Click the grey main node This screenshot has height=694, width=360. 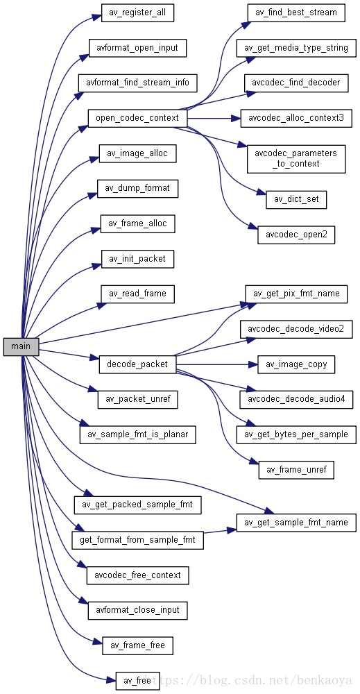coord(22,346)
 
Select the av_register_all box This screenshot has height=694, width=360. coord(137,12)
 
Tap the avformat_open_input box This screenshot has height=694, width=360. coord(137,48)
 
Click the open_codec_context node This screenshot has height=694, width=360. coord(137,118)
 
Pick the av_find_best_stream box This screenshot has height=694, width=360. coord(296,12)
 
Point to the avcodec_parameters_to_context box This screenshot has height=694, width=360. coord(296,159)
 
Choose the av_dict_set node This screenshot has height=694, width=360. coord(296,200)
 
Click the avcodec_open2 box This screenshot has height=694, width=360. coord(296,235)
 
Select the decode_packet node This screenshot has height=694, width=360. coord(137,364)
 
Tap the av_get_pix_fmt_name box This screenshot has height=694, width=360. coord(296,294)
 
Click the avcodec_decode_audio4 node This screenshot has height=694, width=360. coord(296,400)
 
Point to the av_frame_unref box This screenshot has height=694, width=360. coord(296,470)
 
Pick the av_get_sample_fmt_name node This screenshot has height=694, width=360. coord(296,523)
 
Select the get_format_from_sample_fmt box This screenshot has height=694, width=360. coord(137,541)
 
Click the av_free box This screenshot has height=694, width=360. coord(137,681)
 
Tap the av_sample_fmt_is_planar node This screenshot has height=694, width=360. coord(137,434)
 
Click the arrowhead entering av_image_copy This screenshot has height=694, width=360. coord(253,364)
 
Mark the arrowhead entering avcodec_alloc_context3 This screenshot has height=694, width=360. coord(236,118)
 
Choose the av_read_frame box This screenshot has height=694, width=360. coord(137,294)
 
